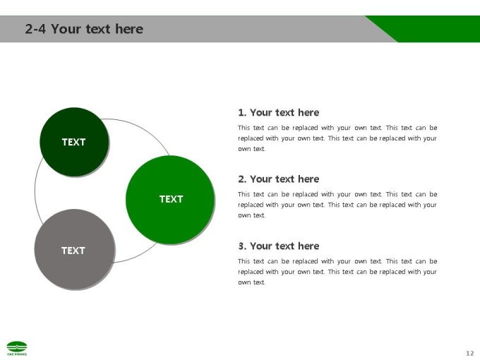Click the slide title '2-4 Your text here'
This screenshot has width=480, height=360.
(x=84, y=29)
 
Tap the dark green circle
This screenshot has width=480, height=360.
(x=74, y=142)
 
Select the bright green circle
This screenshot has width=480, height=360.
(x=170, y=200)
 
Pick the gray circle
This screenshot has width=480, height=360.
(x=75, y=249)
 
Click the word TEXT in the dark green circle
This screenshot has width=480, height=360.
(x=74, y=142)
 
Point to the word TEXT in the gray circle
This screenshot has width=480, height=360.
(x=73, y=251)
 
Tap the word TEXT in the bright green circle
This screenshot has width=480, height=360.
(x=171, y=199)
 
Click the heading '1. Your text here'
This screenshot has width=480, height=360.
(x=279, y=112)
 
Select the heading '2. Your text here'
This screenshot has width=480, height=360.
(x=279, y=179)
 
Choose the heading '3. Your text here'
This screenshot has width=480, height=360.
(x=279, y=246)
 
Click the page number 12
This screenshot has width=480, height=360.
(x=470, y=353)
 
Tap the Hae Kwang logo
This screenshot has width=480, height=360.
(x=17, y=348)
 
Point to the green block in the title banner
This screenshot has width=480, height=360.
(x=428, y=29)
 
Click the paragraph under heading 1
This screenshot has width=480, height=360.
(x=337, y=138)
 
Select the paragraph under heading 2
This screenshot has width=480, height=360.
(x=337, y=205)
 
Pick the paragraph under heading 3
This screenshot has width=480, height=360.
(x=337, y=272)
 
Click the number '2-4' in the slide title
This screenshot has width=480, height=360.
(x=35, y=29)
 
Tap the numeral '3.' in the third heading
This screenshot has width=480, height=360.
(x=242, y=246)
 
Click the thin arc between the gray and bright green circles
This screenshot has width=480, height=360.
(x=137, y=256)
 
